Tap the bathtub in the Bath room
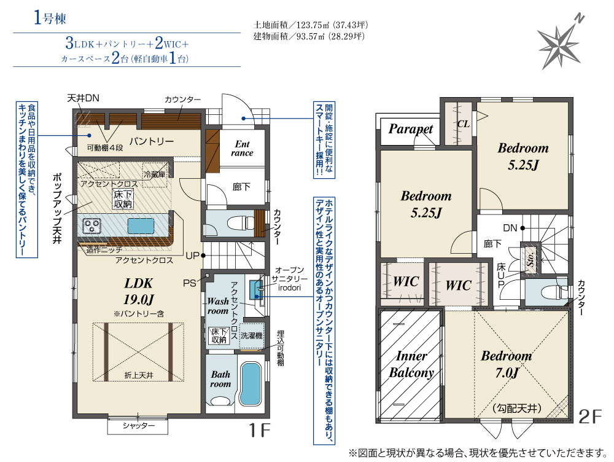[251, 384]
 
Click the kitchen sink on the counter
[141, 226]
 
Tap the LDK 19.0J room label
[139, 291]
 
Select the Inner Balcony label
[411, 364]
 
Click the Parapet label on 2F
[410, 129]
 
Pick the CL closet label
[463, 124]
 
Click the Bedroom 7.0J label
[507, 364]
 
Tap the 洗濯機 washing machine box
[252, 336]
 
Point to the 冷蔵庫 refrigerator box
[154, 174]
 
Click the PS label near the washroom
[190, 283]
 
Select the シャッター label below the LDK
[138, 426]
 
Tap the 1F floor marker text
[260, 430]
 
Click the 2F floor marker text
[589, 416]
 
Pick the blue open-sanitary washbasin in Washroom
[255, 289]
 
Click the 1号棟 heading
[50, 18]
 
